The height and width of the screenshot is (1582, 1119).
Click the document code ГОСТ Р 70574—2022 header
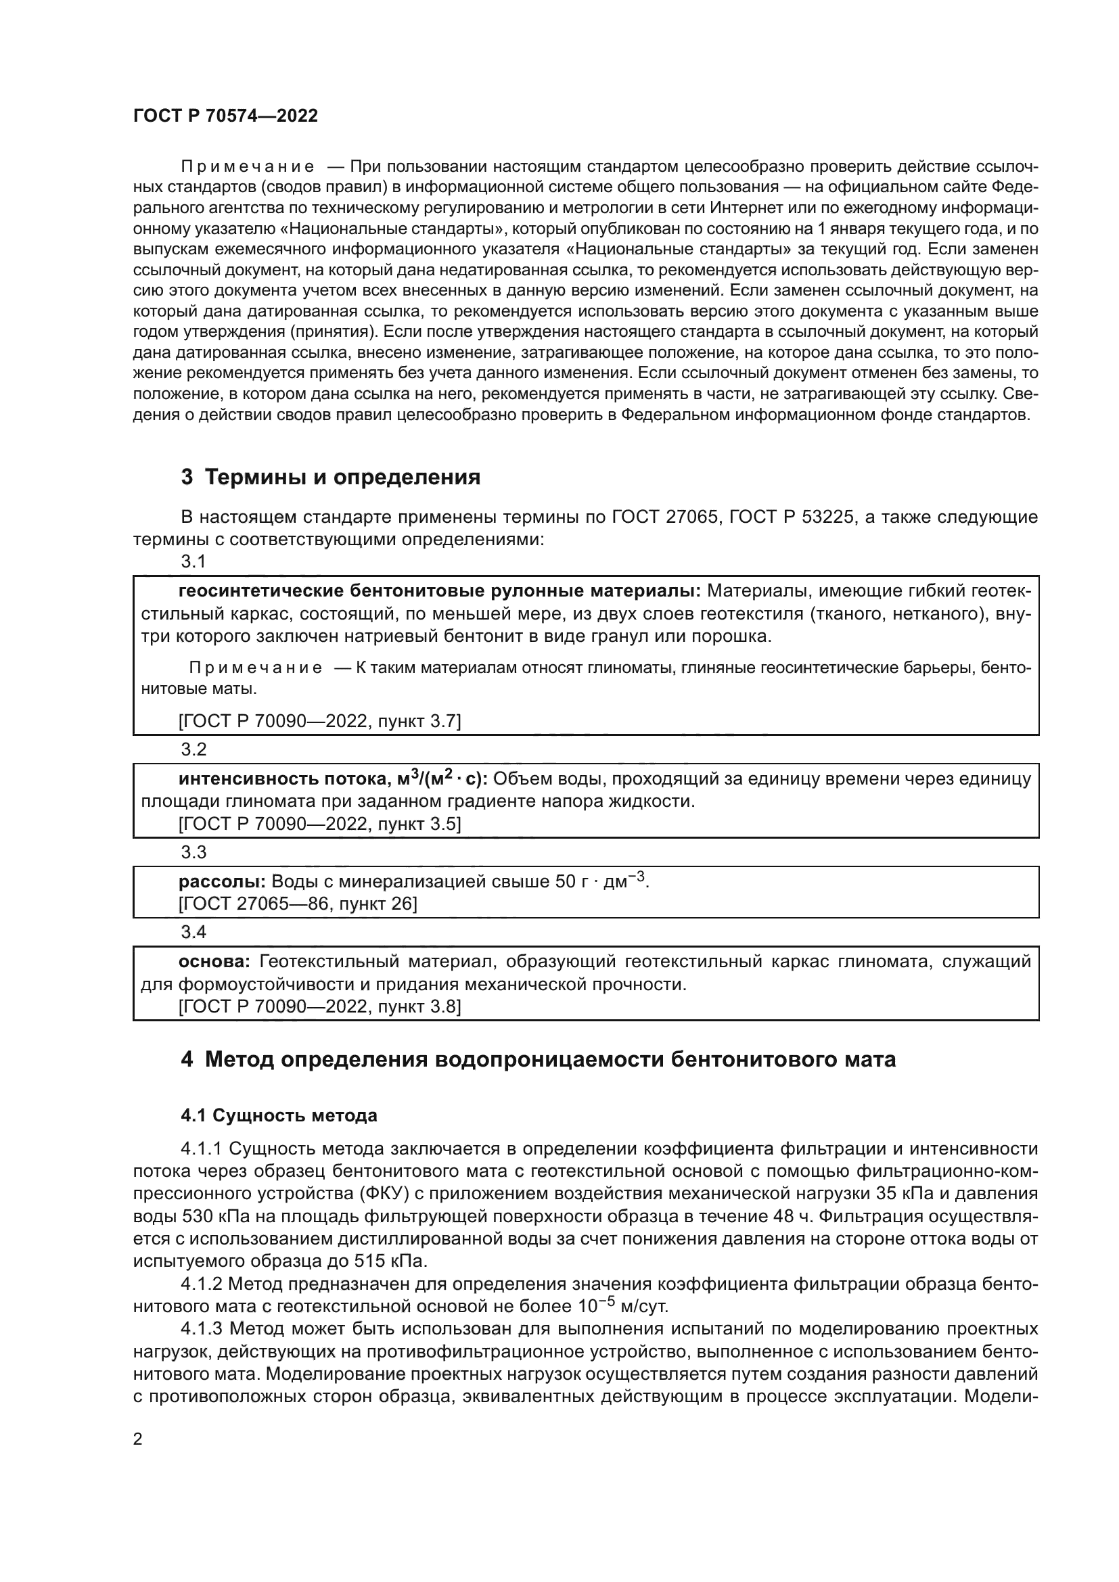coord(225,116)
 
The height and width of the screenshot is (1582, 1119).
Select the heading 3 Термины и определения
coord(330,477)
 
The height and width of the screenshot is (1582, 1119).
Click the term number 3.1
coord(193,561)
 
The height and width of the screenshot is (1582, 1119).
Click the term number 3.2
coord(193,749)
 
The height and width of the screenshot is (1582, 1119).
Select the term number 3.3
coord(193,852)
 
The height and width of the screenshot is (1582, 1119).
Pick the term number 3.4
coord(193,931)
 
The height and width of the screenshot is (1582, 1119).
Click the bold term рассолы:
coord(222,882)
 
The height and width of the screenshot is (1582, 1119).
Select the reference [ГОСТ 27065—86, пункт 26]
coord(298,904)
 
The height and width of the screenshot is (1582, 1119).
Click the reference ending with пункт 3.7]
coord(320,722)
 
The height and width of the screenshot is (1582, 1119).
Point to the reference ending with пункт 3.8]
coord(320,1006)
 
